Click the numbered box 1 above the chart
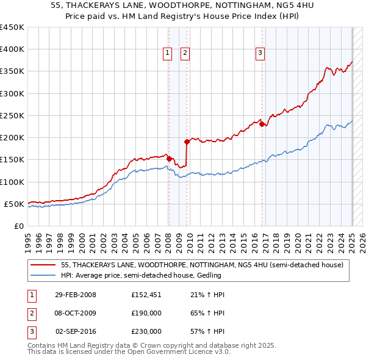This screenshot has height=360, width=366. [167, 53]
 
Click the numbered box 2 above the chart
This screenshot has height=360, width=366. [184, 53]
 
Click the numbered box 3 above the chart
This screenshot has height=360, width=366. [260, 53]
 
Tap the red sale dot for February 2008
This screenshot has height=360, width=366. [169, 159]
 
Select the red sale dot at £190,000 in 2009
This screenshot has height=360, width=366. [187, 142]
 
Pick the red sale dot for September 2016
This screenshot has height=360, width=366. [262, 124]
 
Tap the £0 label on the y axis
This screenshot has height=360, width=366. [19, 226]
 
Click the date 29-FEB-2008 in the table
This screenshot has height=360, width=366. [76, 295]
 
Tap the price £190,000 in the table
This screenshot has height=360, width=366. [146, 313]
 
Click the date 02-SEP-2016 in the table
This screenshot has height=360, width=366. [76, 331]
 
